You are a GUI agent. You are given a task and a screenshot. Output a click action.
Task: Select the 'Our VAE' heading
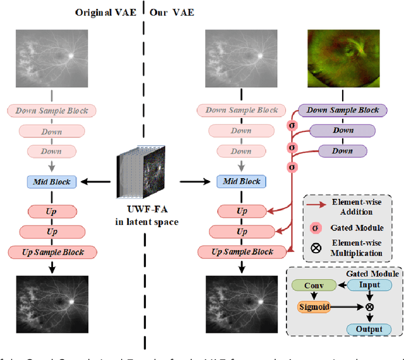click(x=172, y=12)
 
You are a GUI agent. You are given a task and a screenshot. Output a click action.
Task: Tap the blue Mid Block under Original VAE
click(x=52, y=182)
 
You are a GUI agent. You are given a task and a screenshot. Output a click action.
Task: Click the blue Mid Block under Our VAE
click(x=242, y=182)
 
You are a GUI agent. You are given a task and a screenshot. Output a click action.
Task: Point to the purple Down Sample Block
click(x=343, y=110)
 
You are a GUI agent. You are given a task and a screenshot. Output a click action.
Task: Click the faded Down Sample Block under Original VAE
click(x=52, y=110)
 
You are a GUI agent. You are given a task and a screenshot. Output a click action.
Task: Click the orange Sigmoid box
click(x=314, y=308)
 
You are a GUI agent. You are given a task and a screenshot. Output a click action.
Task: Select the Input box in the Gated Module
click(x=369, y=285)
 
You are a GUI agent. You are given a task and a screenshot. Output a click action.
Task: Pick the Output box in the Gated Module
click(x=369, y=329)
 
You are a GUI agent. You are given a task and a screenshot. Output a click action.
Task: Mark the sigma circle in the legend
click(x=314, y=227)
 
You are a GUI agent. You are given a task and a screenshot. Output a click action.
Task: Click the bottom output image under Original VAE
click(x=52, y=303)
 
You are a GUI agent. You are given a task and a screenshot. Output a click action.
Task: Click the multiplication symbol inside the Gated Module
click(x=369, y=308)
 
